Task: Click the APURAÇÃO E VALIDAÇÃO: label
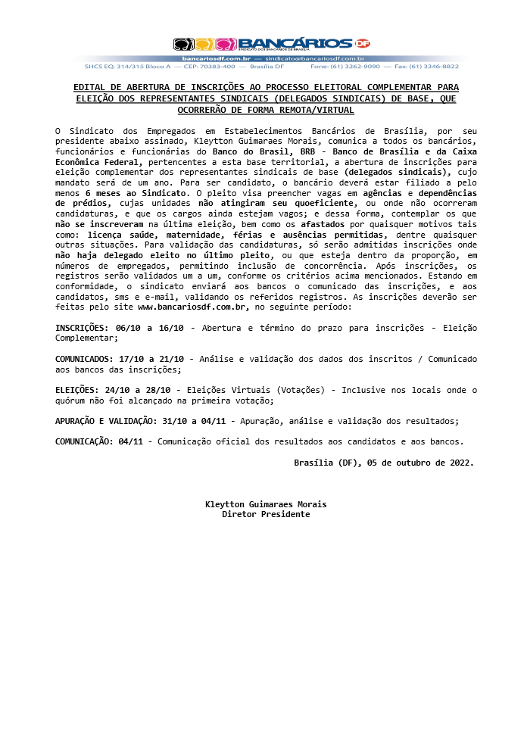[105, 422]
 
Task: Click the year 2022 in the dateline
[459, 463]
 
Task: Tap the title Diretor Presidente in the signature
[266, 515]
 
